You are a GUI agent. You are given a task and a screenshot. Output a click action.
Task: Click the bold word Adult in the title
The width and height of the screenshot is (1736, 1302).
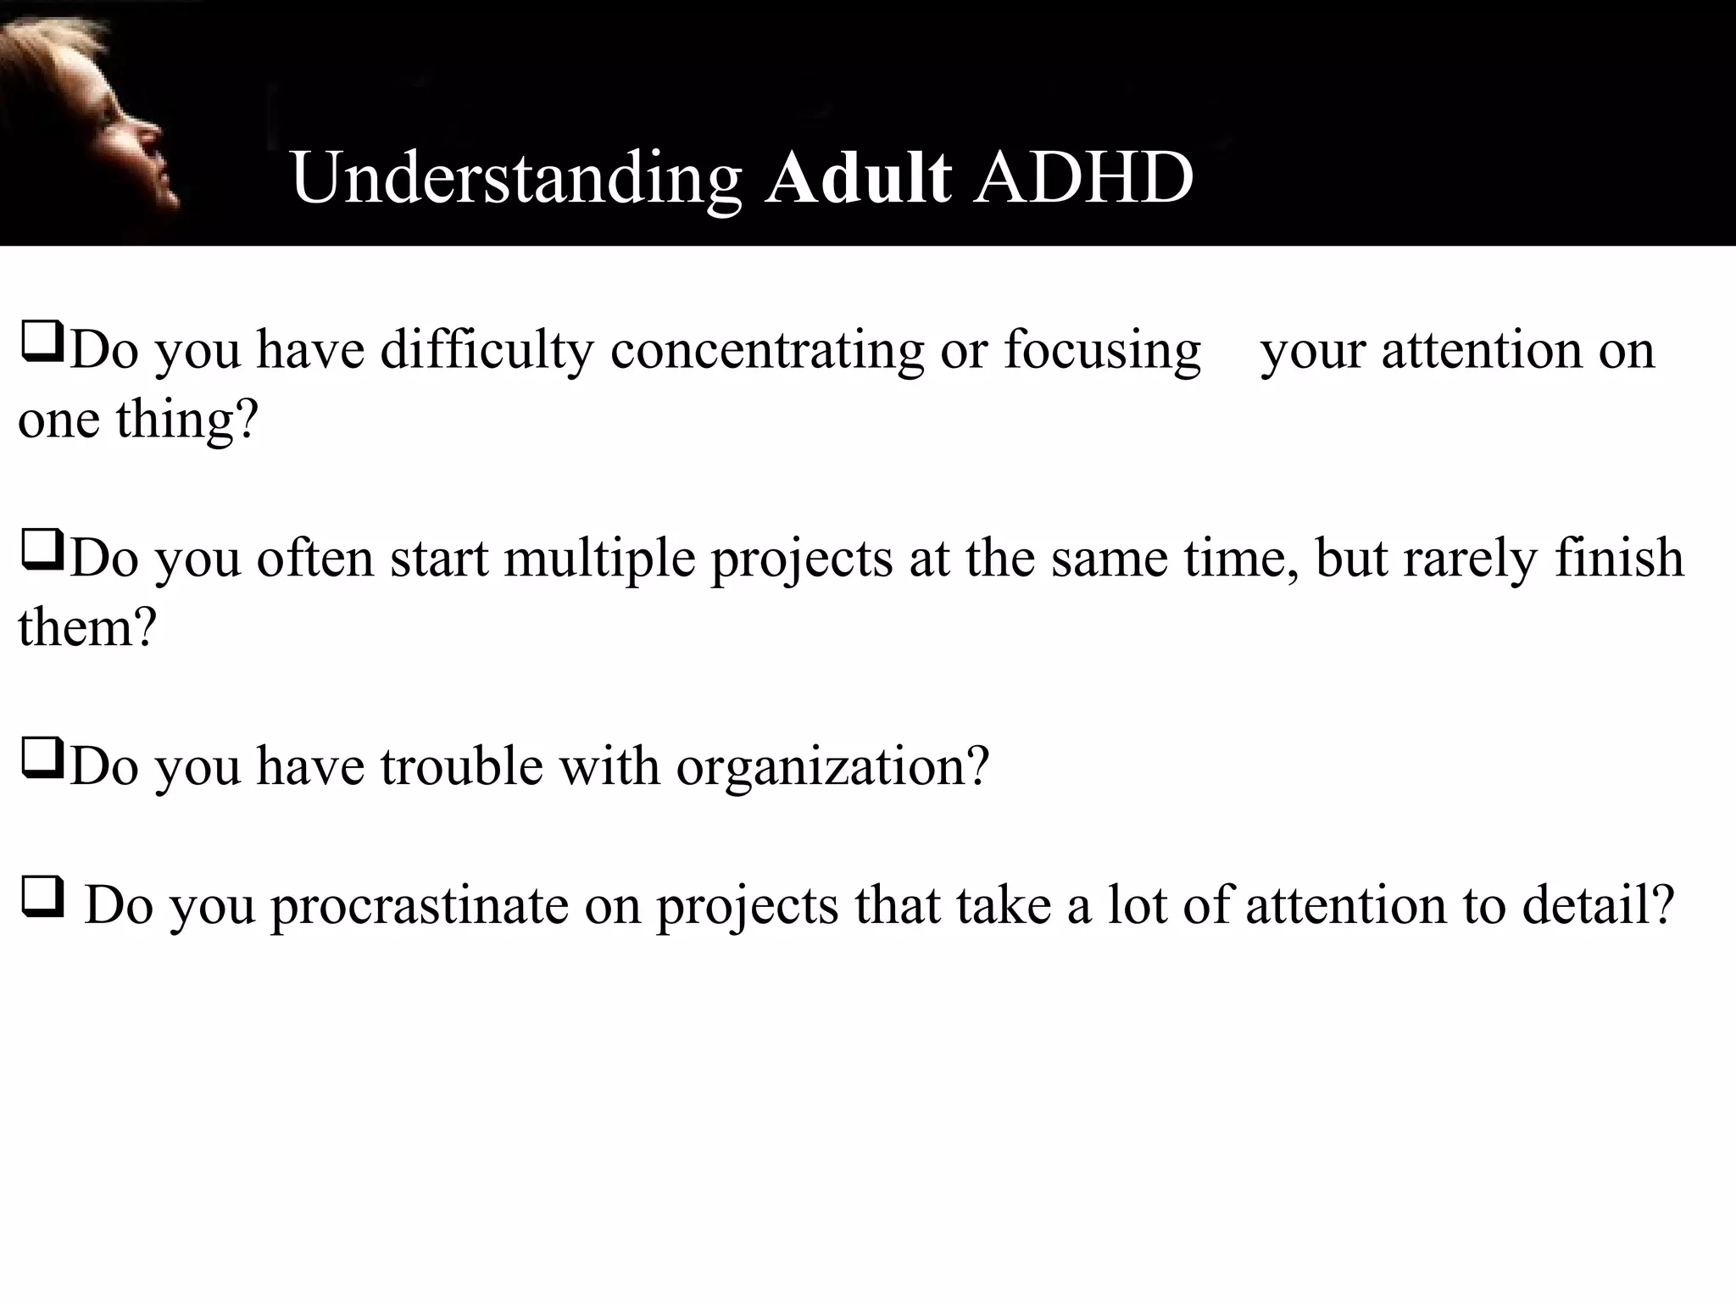858,178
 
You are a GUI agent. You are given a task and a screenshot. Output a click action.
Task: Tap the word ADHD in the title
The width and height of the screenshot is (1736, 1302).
1083,178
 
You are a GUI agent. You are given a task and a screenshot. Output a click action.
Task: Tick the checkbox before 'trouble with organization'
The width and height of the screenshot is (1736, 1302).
42,759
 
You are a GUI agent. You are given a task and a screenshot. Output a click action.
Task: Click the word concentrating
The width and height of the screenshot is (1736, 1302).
766,351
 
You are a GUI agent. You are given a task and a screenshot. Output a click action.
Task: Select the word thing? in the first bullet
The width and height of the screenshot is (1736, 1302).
186,420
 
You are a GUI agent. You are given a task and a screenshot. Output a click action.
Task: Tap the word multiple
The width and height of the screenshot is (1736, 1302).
599,559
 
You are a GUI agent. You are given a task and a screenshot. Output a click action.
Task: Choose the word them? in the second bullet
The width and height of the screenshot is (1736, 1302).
87,629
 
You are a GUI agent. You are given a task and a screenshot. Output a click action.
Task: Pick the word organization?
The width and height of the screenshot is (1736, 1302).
832,768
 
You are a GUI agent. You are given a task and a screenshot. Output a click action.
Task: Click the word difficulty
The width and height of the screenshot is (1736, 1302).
487,351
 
